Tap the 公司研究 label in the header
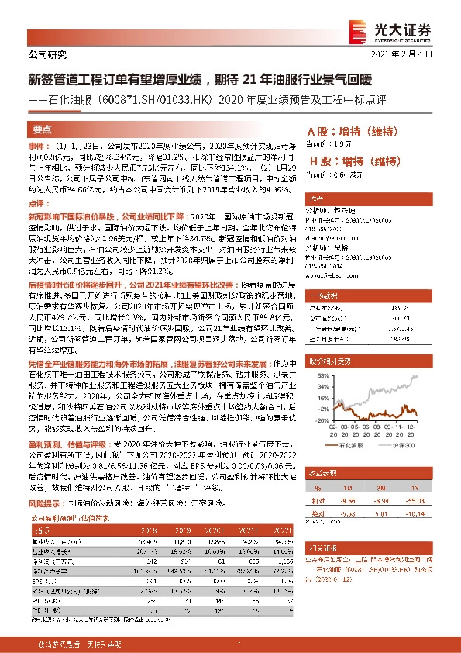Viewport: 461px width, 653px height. click(x=47, y=54)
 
